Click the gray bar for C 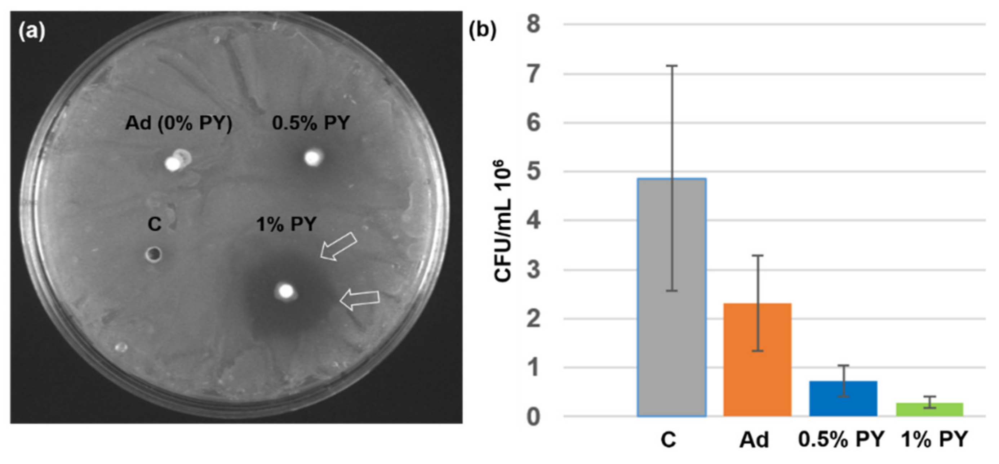[x=671, y=310]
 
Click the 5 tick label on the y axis [x=534, y=172]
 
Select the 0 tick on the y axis [x=534, y=417]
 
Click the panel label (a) [x=32, y=31]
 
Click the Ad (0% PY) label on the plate [x=178, y=123]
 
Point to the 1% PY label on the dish [x=286, y=224]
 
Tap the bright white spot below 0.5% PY [x=312, y=158]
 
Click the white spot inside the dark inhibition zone [x=286, y=291]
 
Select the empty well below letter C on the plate [x=154, y=254]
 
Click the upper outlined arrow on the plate [x=338, y=246]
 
